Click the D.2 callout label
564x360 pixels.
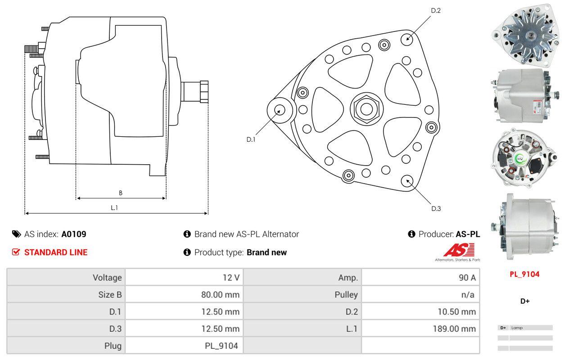coord(435,10)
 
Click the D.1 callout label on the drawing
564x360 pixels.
coord(251,139)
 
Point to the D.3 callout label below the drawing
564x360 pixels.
coord(436,208)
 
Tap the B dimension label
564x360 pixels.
coord(120,193)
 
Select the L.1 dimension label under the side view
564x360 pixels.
coord(114,207)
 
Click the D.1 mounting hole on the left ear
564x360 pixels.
coord(280,110)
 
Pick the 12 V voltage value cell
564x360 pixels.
coord(231,278)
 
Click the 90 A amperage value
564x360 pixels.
coord(467,278)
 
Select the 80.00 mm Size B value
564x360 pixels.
coord(220,295)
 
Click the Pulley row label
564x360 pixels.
coord(346,295)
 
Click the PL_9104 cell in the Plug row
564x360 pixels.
coord(221,346)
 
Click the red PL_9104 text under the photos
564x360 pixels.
coord(524,274)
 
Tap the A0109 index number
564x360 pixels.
coord(73,234)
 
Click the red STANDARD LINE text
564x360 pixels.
coord(56,252)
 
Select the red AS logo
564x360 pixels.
coord(459,250)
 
